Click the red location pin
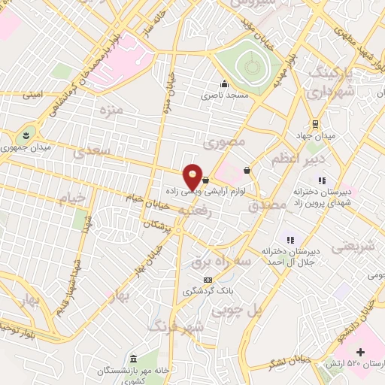[193, 176]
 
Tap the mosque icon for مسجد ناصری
[223, 83]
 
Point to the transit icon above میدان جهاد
[315, 125]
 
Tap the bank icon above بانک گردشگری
[198, 280]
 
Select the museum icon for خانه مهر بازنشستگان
[133, 357]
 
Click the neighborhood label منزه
[111, 111]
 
